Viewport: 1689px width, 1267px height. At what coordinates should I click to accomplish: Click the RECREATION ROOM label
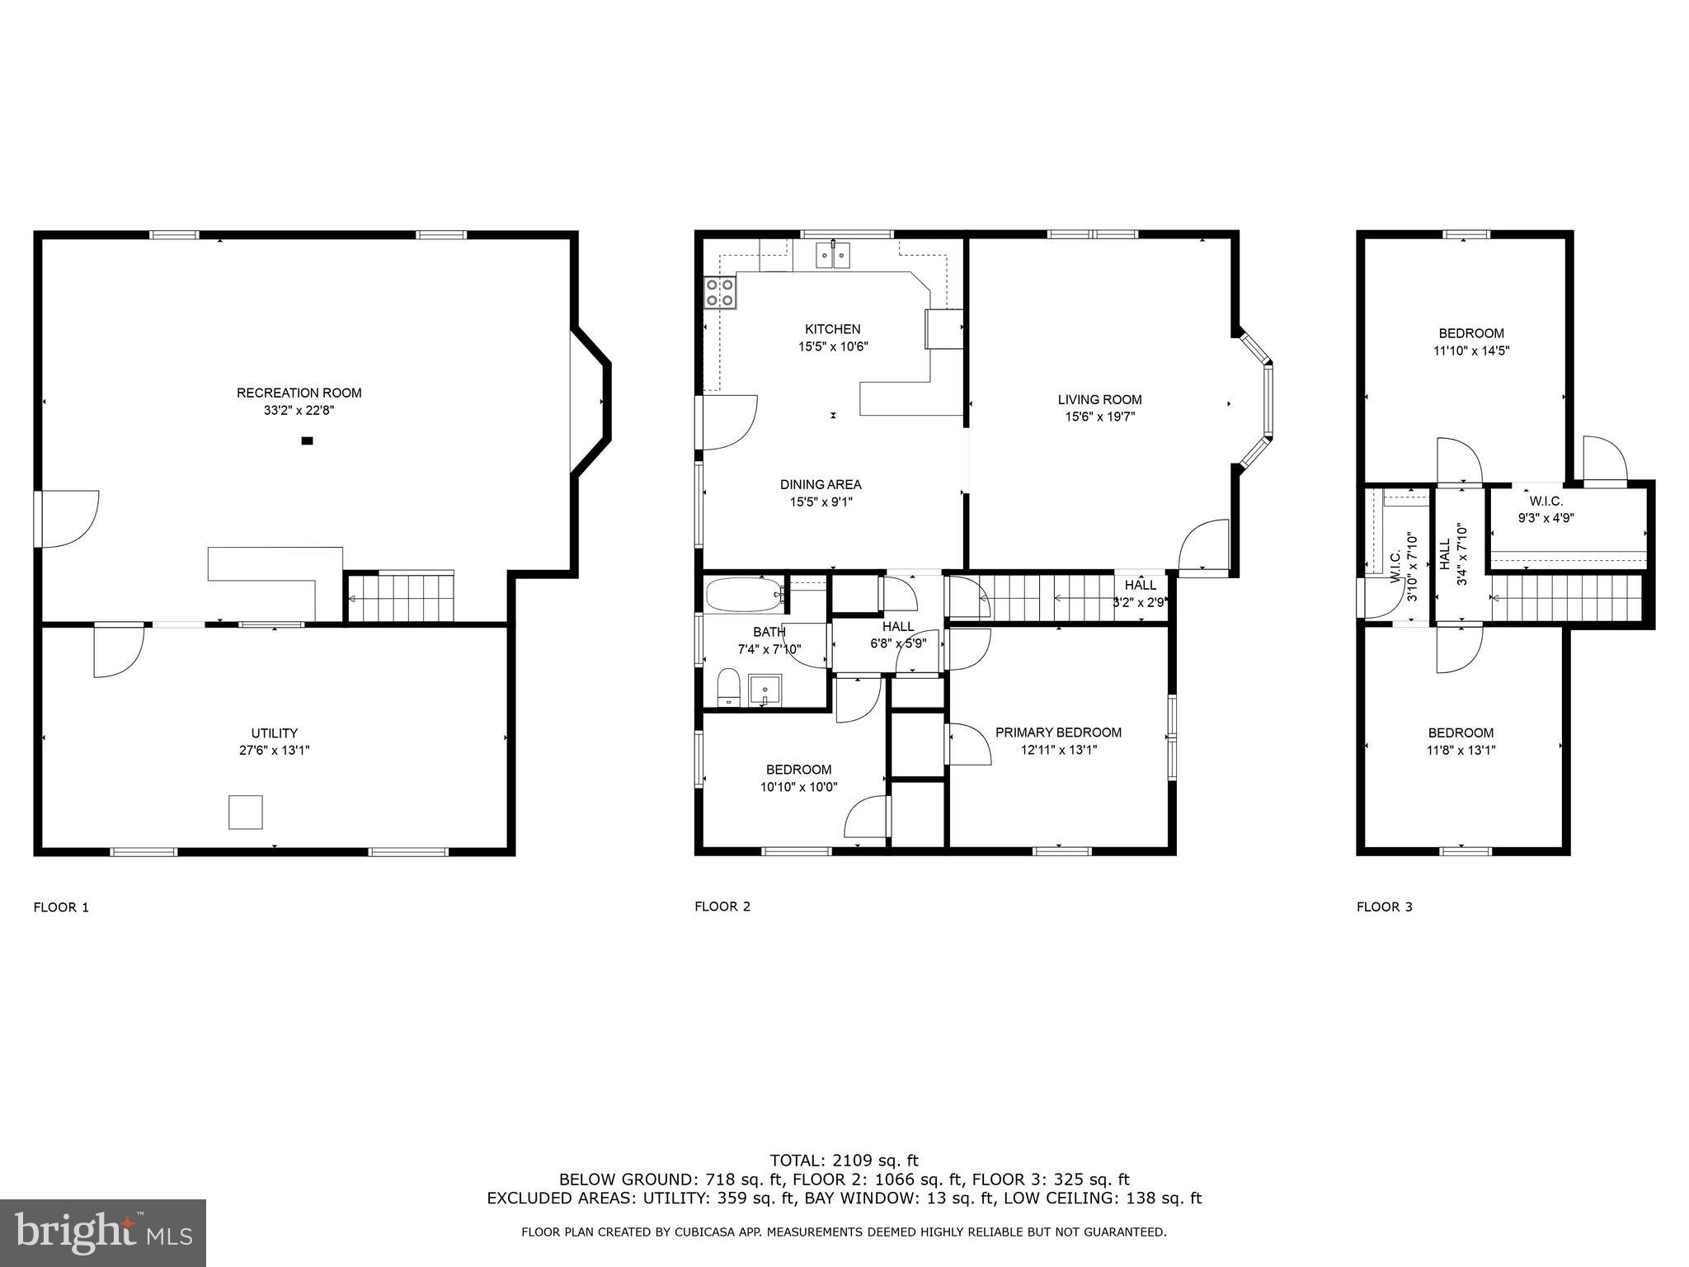(x=299, y=393)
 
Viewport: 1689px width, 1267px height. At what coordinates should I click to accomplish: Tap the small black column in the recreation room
(x=307, y=441)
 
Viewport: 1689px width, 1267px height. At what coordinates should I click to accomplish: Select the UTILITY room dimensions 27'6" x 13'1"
(x=274, y=751)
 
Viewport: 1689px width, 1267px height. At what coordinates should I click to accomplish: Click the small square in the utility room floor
(x=245, y=812)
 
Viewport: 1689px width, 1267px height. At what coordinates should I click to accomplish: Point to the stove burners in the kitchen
(x=720, y=294)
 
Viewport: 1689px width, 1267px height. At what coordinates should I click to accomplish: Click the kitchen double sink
(x=833, y=256)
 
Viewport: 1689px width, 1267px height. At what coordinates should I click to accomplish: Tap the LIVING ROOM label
(x=1099, y=400)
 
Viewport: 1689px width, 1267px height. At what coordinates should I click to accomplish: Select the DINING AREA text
(x=820, y=485)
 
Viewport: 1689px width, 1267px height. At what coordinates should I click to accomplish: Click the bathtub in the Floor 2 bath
(x=744, y=594)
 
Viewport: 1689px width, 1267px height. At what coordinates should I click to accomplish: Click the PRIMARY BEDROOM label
(x=1058, y=732)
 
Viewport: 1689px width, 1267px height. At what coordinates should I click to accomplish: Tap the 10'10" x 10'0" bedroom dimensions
(x=798, y=787)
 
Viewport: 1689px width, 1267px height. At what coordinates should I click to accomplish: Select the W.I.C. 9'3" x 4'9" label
(x=1546, y=510)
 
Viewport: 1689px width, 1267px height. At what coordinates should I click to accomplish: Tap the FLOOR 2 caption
(x=722, y=907)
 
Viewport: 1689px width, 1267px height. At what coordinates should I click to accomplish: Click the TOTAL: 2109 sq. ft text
(x=844, y=1161)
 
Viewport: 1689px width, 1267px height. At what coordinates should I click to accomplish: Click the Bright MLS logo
(x=103, y=1232)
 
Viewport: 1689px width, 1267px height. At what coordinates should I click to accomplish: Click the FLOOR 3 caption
(x=1384, y=907)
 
